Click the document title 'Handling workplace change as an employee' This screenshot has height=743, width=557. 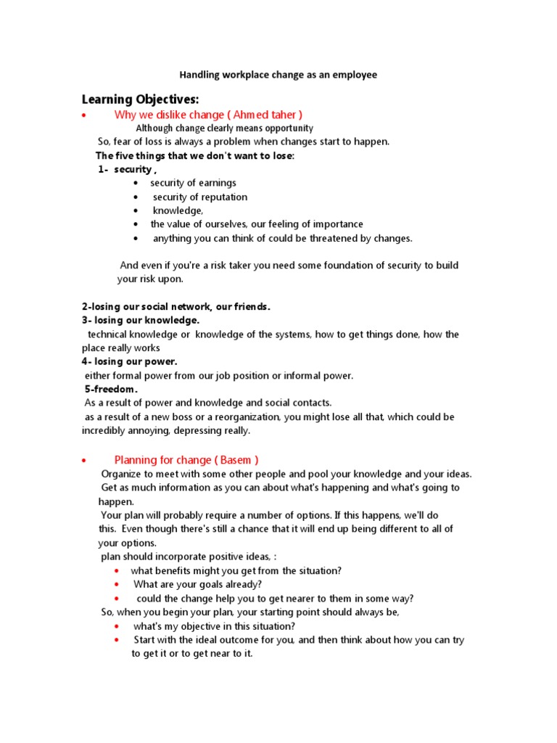pyautogui.click(x=278, y=75)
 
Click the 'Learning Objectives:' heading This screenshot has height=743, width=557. pyautogui.click(x=140, y=99)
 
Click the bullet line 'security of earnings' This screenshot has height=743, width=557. pyautogui.click(x=193, y=183)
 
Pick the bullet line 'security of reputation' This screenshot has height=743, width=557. pyautogui.click(x=199, y=197)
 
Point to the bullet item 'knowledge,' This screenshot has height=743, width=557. pyautogui.click(x=178, y=210)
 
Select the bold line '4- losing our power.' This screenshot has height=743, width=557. pyautogui.click(x=129, y=361)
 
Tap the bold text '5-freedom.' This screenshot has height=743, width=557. pyautogui.click(x=111, y=389)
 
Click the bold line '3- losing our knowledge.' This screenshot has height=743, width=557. pyautogui.click(x=140, y=320)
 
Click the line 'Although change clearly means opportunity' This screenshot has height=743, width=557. pyautogui.click(x=225, y=128)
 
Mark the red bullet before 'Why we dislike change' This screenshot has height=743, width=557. pyautogui.click(x=85, y=115)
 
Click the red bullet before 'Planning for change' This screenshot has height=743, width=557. pyautogui.click(x=85, y=461)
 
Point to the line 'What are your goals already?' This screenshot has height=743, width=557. pyautogui.click(x=197, y=584)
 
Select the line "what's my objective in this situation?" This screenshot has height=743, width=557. pyautogui.click(x=214, y=626)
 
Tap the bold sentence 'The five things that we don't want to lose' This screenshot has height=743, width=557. pyautogui.click(x=194, y=155)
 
